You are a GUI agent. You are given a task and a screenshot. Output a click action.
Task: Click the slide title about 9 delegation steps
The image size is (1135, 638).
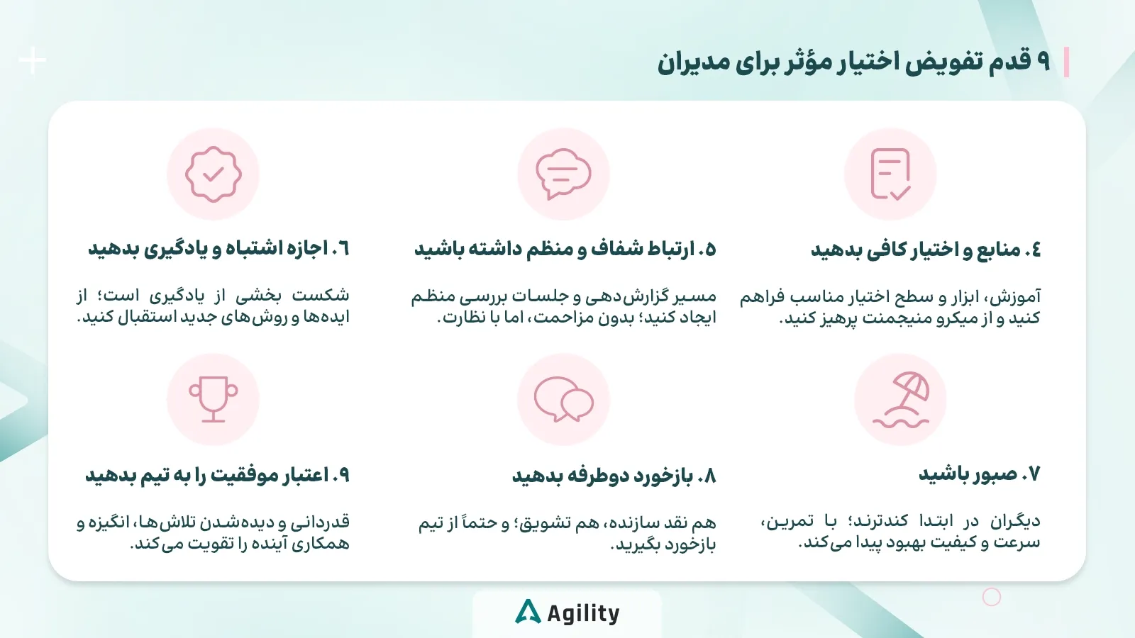(x=853, y=62)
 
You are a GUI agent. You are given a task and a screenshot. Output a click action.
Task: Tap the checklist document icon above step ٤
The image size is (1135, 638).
(x=890, y=174)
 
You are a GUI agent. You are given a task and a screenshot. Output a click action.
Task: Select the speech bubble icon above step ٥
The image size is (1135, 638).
(x=563, y=174)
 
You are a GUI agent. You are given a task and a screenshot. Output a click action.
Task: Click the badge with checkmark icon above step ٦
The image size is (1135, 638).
(x=213, y=174)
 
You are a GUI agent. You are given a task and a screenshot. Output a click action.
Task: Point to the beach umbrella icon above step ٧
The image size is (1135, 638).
(x=900, y=400)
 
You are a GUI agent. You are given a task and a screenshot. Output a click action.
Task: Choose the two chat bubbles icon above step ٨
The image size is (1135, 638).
(x=563, y=400)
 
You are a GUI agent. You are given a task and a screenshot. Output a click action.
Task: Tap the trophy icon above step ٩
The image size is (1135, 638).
(x=213, y=400)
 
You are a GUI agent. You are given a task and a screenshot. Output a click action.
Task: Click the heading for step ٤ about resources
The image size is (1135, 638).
(x=926, y=250)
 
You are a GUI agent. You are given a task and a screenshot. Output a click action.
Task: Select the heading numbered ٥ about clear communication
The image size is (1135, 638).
(x=565, y=250)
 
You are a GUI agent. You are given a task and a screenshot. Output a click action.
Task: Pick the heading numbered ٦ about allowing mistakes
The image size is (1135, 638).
(x=218, y=249)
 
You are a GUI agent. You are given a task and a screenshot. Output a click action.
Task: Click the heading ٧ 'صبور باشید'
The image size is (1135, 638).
(x=979, y=474)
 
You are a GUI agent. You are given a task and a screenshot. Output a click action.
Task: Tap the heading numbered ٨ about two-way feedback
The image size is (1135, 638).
(x=614, y=475)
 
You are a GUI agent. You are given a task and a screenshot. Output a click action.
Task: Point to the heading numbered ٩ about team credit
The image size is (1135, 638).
(x=217, y=475)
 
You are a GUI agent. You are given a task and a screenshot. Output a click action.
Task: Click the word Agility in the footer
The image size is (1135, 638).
(x=583, y=613)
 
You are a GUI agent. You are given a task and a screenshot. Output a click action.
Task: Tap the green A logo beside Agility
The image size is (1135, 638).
(x=528, y=612)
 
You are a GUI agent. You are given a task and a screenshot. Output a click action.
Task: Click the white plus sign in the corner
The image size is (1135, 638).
(x=33, y=61)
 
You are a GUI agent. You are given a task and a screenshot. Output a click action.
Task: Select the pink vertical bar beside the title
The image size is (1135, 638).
(x=1067, y=62)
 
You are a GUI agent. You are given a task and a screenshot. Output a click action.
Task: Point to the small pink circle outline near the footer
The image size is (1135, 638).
(x=991, y=597)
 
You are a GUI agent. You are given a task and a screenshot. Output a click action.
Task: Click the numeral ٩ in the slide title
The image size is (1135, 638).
(x=1043, y=62)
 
